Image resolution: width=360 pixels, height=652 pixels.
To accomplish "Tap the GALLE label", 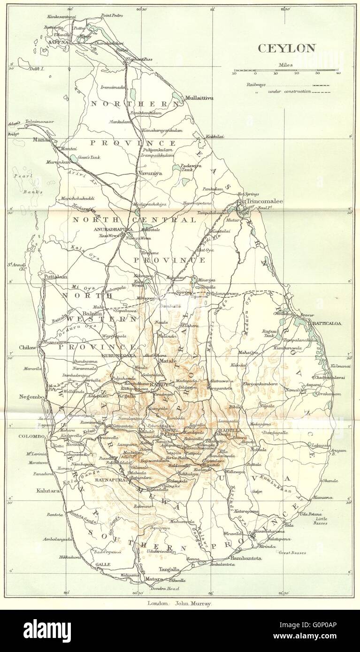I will (x=103, y=564).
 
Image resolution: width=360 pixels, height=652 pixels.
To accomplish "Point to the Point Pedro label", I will (x=111, y=15).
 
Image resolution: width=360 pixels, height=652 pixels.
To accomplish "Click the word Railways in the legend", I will (x=255, y=84).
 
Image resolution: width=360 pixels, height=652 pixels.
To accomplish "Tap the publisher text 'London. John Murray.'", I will (x=180, y=604).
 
